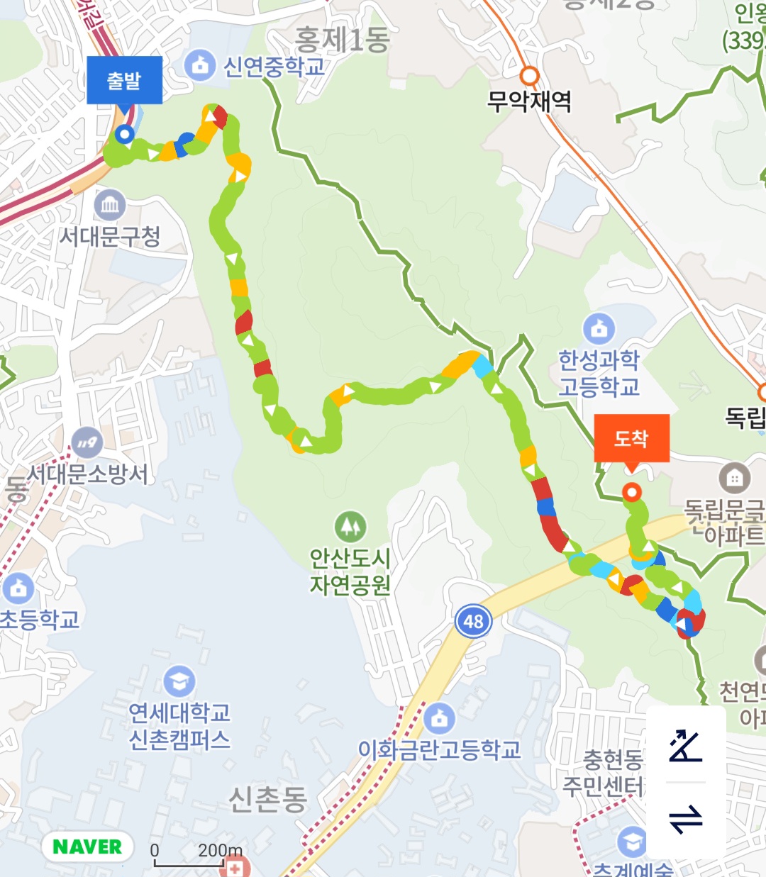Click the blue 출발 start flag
click(x=124, y=81)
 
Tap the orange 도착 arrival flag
click(x=631, y=439)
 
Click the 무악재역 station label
click(x=529, y=101)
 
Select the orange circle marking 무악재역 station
click(x=529, y=76)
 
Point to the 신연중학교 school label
click(x=274, y=67)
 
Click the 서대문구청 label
click(x=110, y=236)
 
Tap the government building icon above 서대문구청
click(x=110, y=206)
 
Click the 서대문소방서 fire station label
click(x=88, y=474)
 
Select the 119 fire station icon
click(x=87, y=442)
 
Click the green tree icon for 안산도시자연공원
click(x=350, y=527)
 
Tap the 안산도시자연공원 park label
click(x=350, y=571)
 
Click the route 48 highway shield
click(x=473, y=622)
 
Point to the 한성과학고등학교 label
click(x=599, y=373)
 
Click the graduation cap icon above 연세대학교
click(x=179, y=681)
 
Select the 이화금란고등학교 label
click(x=439, y=749)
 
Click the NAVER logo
click(x=87, y=847)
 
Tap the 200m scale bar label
click(x=220, y=850)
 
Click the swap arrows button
click(x=686, y=820)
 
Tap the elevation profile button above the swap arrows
click(x=686, y=745)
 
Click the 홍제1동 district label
click(x=342, y=40)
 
